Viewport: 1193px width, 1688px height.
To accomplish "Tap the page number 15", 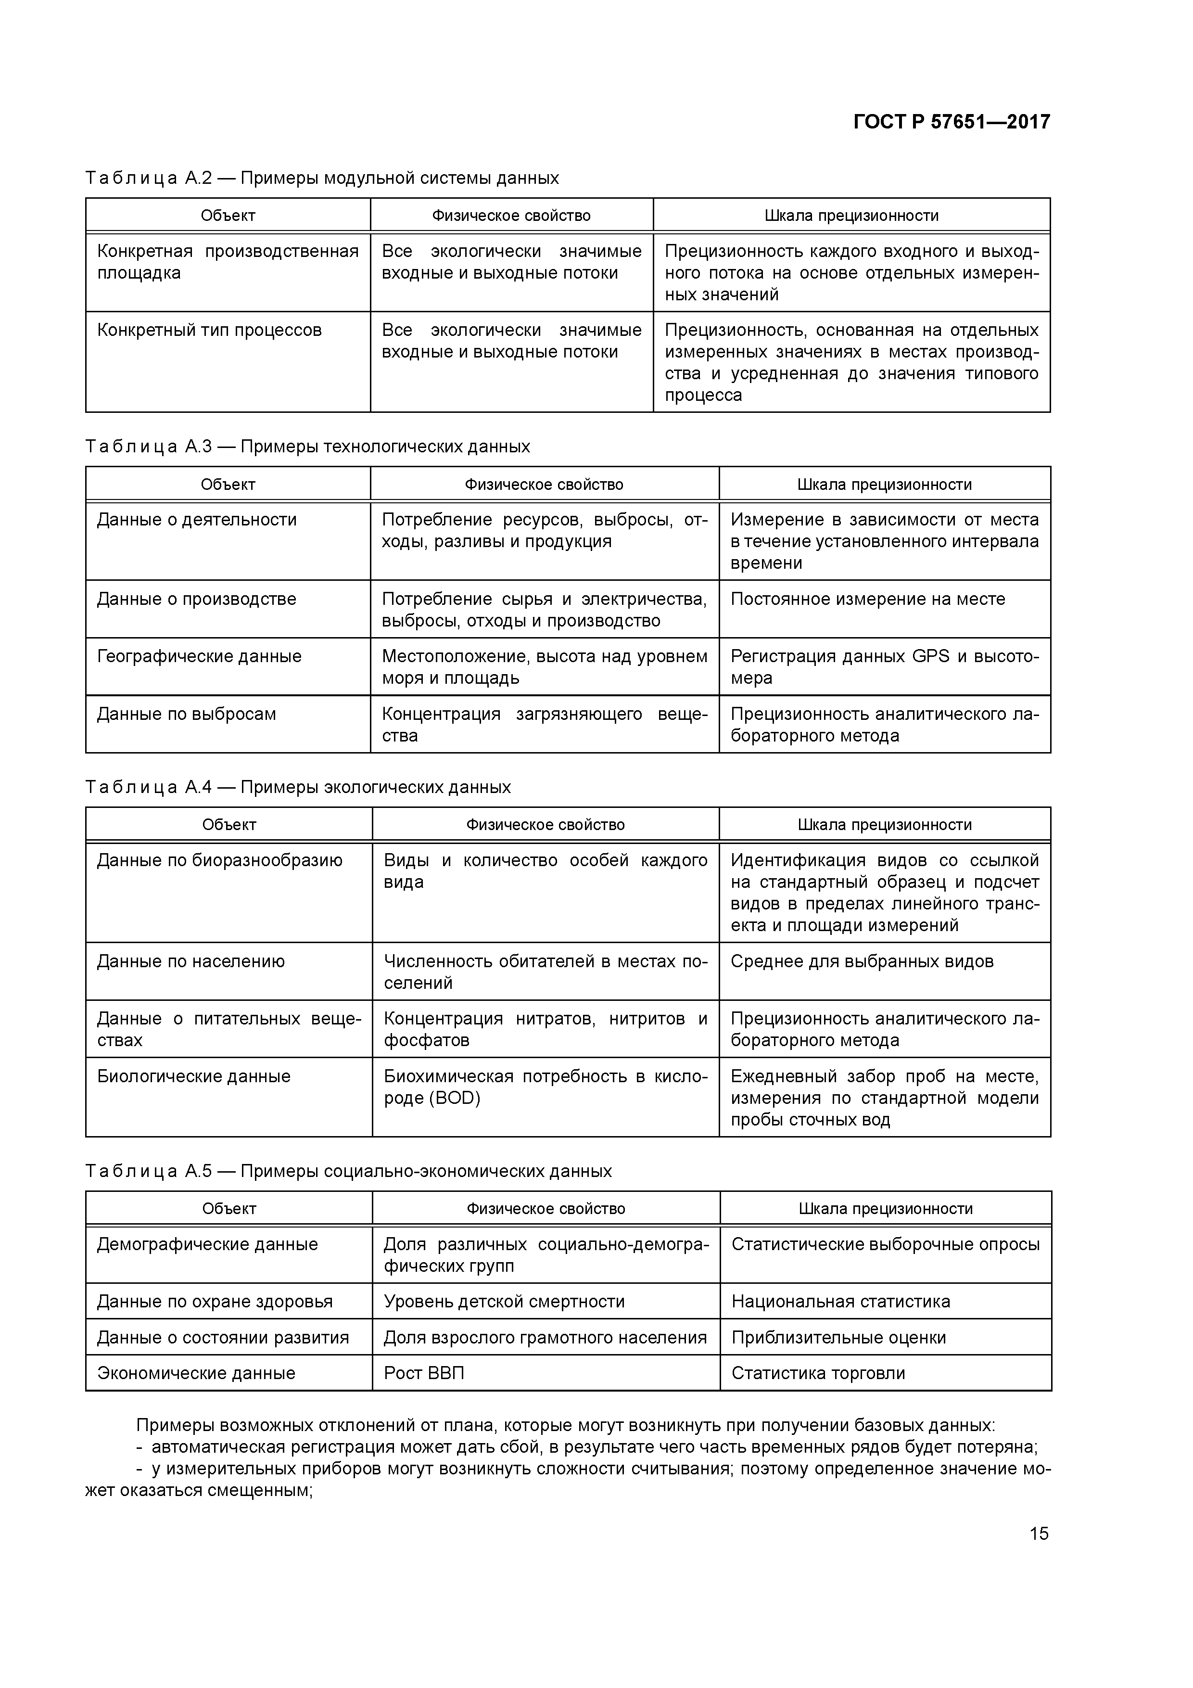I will click(x=1039, y=1534).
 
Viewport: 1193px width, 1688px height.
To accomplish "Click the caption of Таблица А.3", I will click(x=307, y=446).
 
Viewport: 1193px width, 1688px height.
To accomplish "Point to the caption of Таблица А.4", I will click(x=298, y=787).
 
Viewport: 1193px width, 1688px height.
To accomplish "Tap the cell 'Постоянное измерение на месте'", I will click(x=867, y=599).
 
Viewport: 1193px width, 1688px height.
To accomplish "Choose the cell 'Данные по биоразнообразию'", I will click(x=220, y=860).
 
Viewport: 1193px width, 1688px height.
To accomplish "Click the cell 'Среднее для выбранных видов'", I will click(x=862, y=961).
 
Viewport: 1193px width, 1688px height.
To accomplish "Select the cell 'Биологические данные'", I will click(x=194, y=1076).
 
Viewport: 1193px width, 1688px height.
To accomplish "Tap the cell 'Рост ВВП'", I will click(x=424, y=1373).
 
